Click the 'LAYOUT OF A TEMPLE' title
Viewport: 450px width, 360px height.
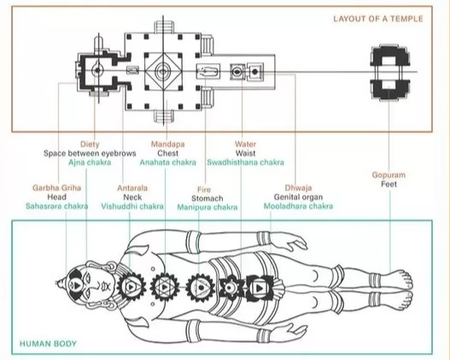pos(378,19)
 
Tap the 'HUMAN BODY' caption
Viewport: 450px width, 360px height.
pos(48,344)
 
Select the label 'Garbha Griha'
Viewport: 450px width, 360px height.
pos(56,188)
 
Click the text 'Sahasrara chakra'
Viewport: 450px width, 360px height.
pos(57,206)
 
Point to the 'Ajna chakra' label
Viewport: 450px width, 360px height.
pos(90,163)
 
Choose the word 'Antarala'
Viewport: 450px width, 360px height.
pos(132,188)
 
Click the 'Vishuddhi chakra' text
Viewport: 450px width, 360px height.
pos(132,206)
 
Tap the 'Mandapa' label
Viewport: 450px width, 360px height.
pos(168,144)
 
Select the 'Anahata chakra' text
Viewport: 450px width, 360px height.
pos(168,163)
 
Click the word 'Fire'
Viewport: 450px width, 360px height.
pos(204,189)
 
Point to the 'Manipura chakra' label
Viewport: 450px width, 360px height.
pos(207,207)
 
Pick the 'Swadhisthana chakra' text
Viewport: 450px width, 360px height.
pos(246,163)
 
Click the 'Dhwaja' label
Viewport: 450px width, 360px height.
pos(298,188)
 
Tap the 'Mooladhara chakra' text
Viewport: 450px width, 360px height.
pos(299,206)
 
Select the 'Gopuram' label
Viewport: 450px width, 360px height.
pos(389,175)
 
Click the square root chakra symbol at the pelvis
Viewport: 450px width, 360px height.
pos(259,287)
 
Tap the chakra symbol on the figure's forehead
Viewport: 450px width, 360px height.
pos(77,286)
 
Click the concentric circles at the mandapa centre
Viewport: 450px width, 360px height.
pos(162,72)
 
